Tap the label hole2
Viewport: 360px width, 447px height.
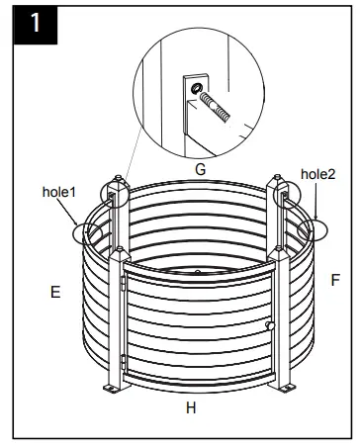tap(319, 175)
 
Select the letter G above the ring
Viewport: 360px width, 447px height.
tap(200, 169)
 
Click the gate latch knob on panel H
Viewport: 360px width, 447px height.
tap(269, 324)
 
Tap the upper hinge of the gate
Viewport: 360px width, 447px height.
tap(122, 283)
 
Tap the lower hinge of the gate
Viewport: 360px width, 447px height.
tap(122, 361)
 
